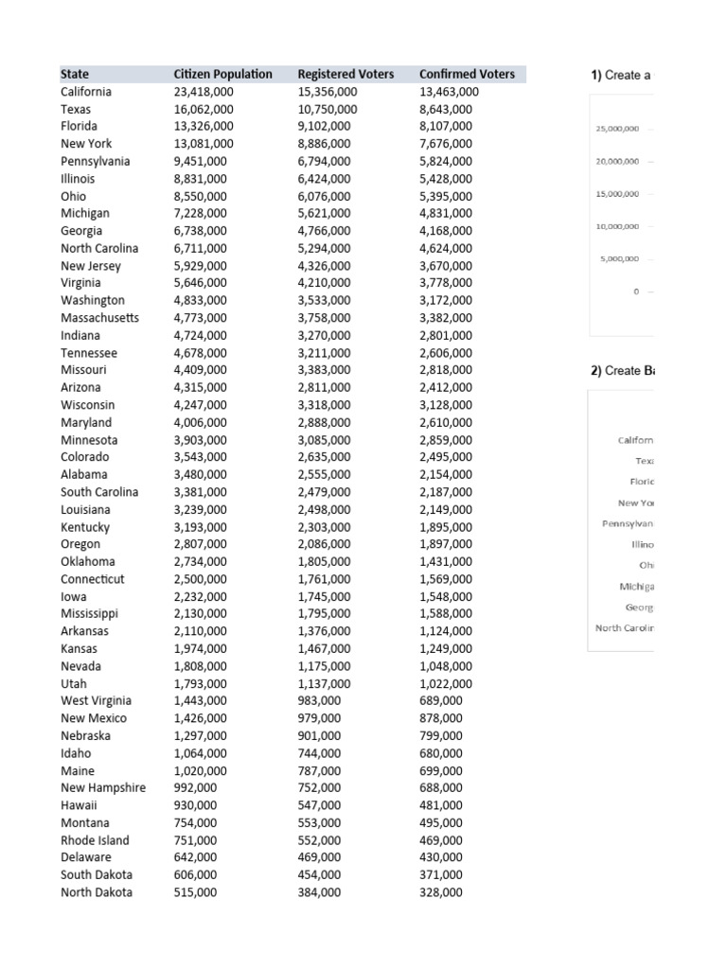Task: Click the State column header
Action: point(75,74)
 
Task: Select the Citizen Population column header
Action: point(222,74)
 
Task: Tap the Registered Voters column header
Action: point(346,74)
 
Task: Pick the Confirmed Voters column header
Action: point(467,74)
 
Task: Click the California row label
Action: point(86,92)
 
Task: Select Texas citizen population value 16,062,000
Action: point(204,110)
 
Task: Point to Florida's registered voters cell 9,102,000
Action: point(324,127)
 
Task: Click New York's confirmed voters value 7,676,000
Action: point(445,144)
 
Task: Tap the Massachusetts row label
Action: point(99,318)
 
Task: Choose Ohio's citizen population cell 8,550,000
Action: point(201,196)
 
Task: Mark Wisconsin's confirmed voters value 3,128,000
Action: point(445,405)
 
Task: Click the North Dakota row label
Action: point(97,892)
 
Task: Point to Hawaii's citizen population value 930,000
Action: point(195,804)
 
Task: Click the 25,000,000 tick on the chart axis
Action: point(617,128)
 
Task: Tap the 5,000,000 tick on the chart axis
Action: point(620,258)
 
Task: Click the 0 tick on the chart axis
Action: point(637,291)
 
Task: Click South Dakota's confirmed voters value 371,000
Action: point(441,875)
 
